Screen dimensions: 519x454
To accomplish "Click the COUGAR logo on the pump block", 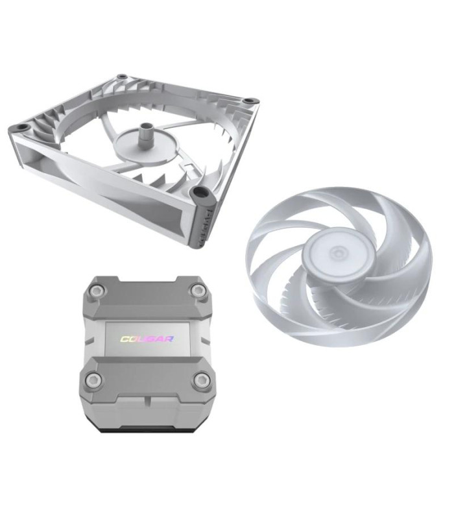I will point(147,339).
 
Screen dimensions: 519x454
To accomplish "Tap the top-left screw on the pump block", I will point(95,294).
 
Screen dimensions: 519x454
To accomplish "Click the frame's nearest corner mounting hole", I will point(200,193).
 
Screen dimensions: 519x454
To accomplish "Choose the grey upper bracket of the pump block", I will point(147,298).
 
